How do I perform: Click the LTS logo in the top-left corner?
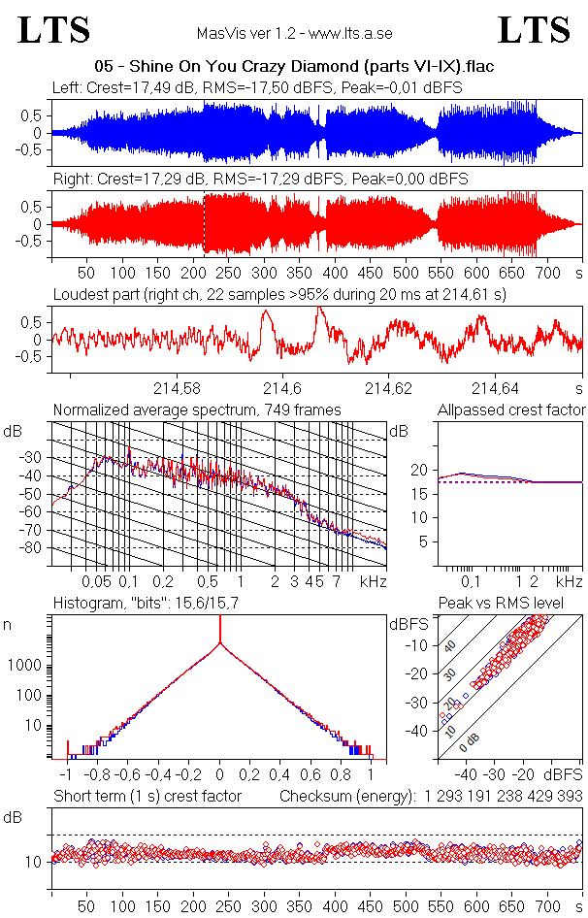54,30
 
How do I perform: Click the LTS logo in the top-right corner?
535,30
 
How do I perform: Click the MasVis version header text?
294,34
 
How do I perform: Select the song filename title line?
294,67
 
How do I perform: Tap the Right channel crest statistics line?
260,180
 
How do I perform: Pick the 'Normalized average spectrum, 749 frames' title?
197,410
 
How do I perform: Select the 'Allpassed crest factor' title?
511,410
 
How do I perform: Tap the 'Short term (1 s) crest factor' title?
147,797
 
